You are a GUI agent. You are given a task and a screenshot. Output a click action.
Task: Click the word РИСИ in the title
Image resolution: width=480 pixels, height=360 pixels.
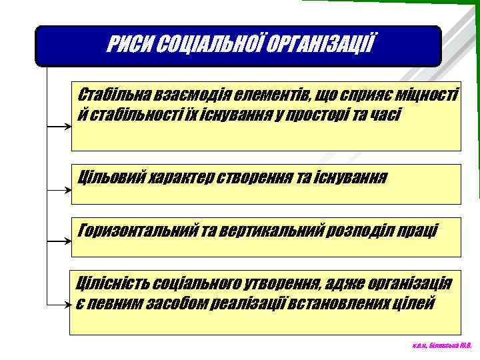point(128,46)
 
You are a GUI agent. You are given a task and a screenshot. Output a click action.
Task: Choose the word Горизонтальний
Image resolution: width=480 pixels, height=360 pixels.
point(138,231)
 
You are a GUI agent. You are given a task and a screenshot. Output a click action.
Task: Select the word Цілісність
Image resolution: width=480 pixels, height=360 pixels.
point(113,283)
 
